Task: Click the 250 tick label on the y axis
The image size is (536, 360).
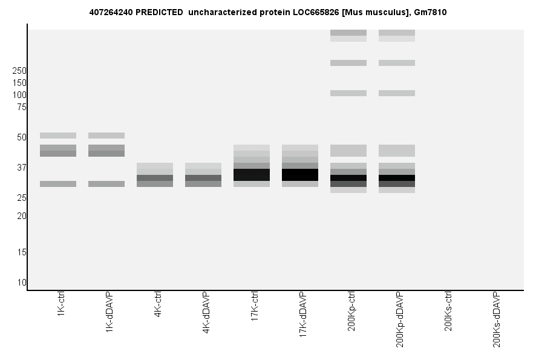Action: click(x=19, y=71)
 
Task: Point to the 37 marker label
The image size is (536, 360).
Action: click(x=21, y=168)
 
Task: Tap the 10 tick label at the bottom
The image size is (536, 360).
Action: click(x=21, y=283)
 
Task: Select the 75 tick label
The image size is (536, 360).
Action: click(x=21, y=107)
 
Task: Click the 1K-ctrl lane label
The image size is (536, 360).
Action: click(x=61, y=306)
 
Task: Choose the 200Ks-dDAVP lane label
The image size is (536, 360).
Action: click(x=497, y=319)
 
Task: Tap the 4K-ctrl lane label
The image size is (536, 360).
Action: click(x=158, y=306)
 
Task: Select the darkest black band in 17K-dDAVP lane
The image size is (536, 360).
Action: click(x=300, y=175)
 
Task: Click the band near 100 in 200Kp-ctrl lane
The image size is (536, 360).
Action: click(x=348, y=93)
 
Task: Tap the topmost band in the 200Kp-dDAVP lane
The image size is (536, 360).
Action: click(x=397, y=33)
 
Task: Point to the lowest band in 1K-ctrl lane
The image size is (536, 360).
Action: click(x=58, y=184)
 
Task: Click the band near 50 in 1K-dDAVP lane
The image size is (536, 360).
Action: click(x=106, y=136)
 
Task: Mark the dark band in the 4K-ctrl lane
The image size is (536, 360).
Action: click(x=155, y=178)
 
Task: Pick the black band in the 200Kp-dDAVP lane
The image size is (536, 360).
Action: click(x=397, y=178)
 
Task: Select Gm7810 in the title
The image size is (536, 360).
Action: click(x=430, y=12)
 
